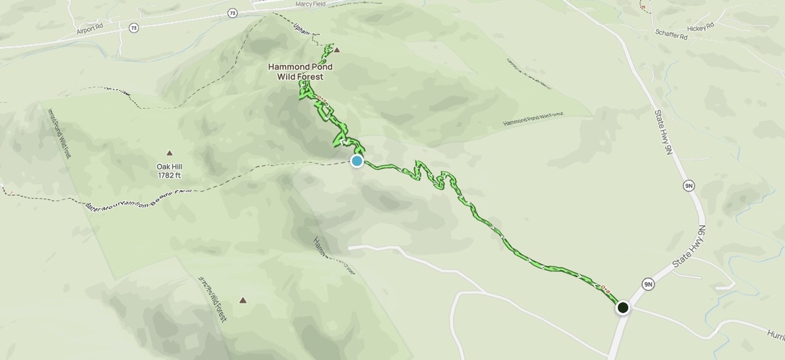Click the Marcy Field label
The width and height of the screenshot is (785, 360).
pyautogui.click(x=310, y=4)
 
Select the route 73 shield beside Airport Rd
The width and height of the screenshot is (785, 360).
pyautogui.click(x=134, y=27)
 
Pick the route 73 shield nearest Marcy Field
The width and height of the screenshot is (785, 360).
pyautogui.click(x=232, y=13)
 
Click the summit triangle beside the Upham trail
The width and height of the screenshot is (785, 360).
pyautogui.click(x=336, y=50)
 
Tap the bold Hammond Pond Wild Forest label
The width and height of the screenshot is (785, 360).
pyautogui.click(x=300, y=71)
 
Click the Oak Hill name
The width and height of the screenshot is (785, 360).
pyautogui.click(x=169, y=166)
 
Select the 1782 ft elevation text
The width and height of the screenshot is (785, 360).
pyautogui.click(x=169, y=175)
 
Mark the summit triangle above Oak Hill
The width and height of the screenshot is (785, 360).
pyautogui.click(x=170, y=153)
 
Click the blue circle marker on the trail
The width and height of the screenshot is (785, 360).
pyautogui.click(x=356, y=161)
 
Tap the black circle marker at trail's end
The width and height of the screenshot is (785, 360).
pyautogui.click(x=623, y=307)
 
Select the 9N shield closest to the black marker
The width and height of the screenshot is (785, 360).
pyautogui.click(x=648, y=284)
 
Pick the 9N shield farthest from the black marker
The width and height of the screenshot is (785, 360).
pyautogui.click(x=689, y=186)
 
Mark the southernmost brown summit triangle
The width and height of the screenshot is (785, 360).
pyautogui.click(x=243, y=300)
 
